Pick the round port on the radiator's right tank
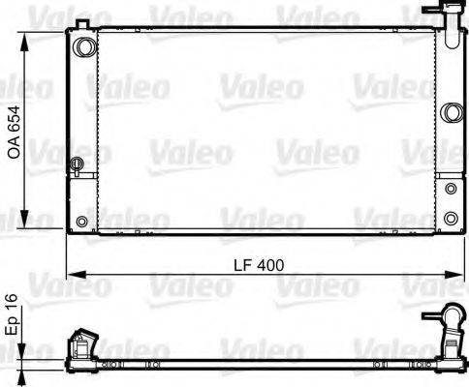[x=450, y=113]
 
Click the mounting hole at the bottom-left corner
[x=81, y=223]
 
